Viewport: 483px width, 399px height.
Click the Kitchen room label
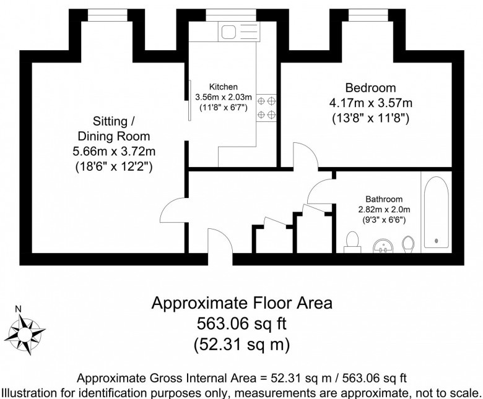(224, 87)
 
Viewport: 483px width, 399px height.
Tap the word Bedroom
(370, 88)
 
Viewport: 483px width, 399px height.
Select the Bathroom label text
(384, 199)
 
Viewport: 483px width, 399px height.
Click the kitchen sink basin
(228, 32)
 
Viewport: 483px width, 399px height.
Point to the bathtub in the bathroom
(436, 212)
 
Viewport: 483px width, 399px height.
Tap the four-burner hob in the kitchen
(266, 108)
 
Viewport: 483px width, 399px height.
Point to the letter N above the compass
(18, 309)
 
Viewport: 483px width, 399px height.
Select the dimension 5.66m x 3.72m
(114, 152)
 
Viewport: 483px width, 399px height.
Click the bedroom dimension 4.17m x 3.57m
(370, 103)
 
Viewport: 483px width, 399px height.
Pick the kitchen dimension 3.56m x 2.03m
(224, 97)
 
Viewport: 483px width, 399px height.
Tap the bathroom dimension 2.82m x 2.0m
(384, 210)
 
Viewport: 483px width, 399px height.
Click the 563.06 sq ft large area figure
(241, 324)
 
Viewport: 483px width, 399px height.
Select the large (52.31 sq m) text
(241, 345)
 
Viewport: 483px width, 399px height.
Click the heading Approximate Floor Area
(241, 303)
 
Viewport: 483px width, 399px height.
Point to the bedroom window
(368, 15)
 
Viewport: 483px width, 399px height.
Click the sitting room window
(107, 15)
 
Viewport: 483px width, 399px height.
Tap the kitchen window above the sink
(231, 15)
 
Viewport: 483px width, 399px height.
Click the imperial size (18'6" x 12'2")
(114, 167)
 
